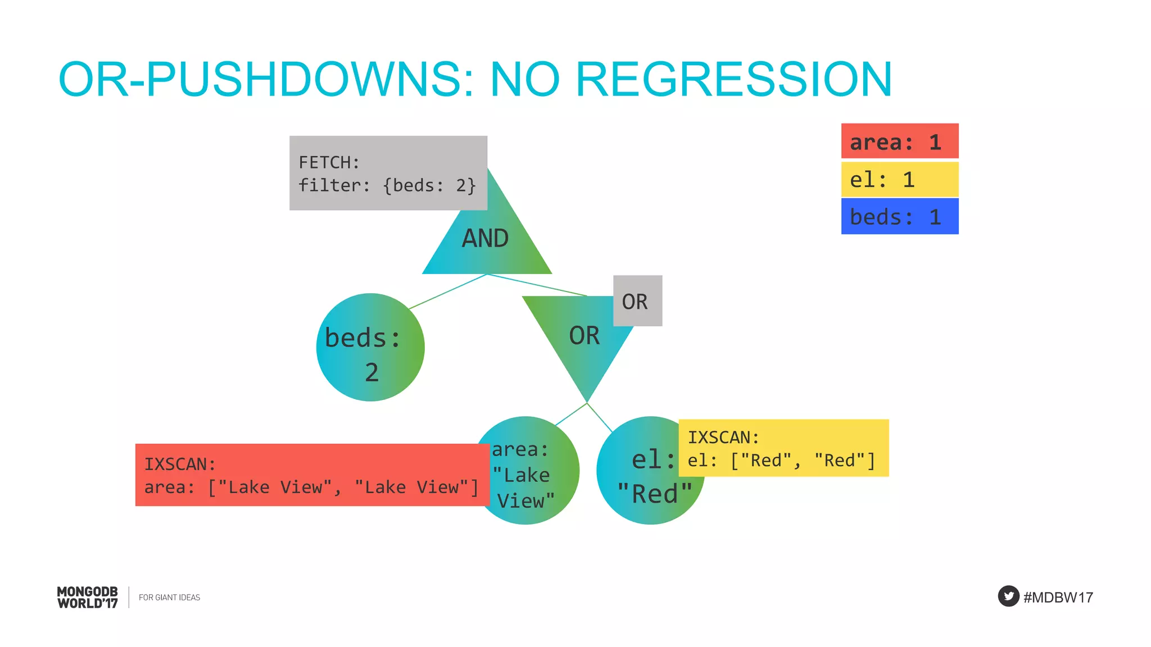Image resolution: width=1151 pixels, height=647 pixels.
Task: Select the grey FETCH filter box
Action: pyautogui.click(x=388, y=173)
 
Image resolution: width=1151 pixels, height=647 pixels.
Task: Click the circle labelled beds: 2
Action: pyautogui.click(x=370, y=347)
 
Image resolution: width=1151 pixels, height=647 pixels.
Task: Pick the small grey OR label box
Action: pyautogui.click(x=637, y=301)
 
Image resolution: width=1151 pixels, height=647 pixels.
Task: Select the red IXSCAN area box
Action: pyautogui.click(x=312, y=475)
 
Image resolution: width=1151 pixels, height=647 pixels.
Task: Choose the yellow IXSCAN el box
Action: pyautogui.click(x=783, y=448)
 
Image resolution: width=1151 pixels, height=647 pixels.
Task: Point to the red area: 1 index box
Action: pyautogui.click(x=899, y=142)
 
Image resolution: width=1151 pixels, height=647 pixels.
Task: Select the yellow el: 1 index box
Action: pyautogui.click(x=899, y=180)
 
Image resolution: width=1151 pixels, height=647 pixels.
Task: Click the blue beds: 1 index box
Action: pyautogui.click(x=899, y=217)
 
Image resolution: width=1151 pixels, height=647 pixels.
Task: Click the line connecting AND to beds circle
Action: pyautogui.click(x=447, y=291)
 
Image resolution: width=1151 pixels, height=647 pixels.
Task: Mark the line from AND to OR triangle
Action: pyautogui.click(x=537, y=285)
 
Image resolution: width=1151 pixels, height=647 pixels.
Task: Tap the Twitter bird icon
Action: pyautogui.click(x=1008, y=596)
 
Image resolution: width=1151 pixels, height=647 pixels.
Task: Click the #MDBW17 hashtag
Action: pyautogui.click(x=1058, y=597)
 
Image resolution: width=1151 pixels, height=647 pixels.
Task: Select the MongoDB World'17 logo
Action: pyautogui.click(x=88, y=597)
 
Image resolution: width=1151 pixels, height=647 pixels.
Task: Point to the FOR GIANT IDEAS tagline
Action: pyautogui.click(x=169, y=598)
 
